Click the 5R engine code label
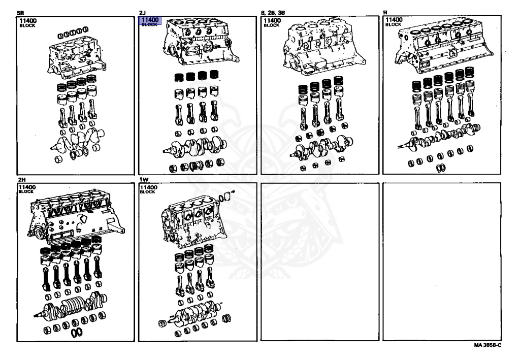[x=20, y=12]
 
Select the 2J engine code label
[x=142, y=12]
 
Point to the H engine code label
[x=385, y=12]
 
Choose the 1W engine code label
[x=143, y=180]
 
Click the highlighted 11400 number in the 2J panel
[x=150, y=20]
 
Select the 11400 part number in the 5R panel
[x=28, y=21]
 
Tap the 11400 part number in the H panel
[x=394, y=21]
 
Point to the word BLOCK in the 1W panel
[x=147, y=192]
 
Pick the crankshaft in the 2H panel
[x=71, y=305]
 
